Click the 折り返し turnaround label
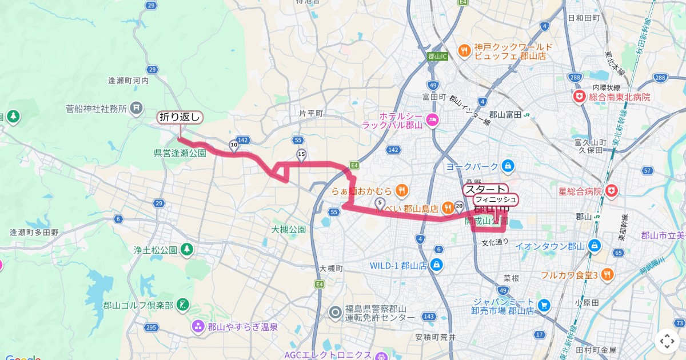point(180,118)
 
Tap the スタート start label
point(485,189)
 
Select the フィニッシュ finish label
point(496,199)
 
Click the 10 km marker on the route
point(234,145)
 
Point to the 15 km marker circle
point(301,154)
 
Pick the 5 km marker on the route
point(379,202)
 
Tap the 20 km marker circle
point(458,205)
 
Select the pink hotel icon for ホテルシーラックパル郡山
point(432,119)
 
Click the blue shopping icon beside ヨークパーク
point(506,166)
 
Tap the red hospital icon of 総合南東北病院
point(580,97)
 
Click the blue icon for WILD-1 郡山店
point(437,265)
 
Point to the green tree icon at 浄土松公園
point(186,249)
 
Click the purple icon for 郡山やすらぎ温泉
point(198,327)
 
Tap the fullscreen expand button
point(667,341)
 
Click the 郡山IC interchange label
point(437,56)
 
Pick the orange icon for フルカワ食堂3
point(607,275)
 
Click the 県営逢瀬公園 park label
point(180,153)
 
